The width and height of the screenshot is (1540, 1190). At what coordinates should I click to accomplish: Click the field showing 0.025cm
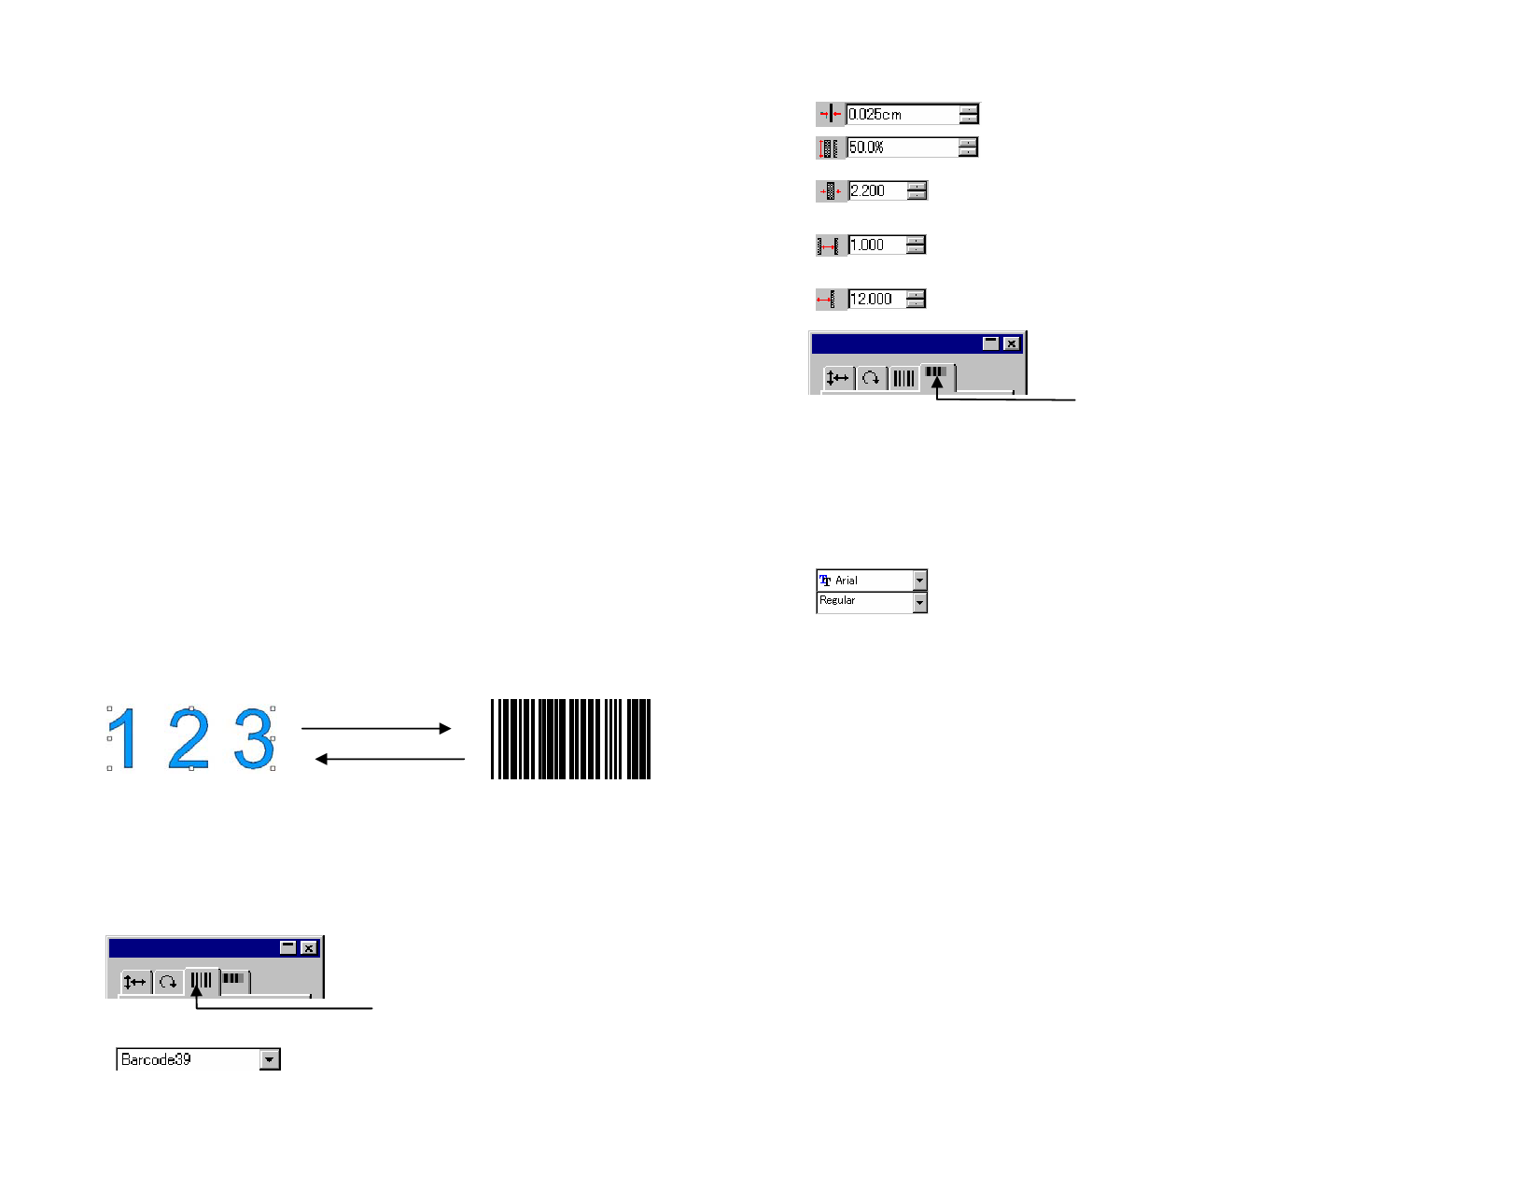(903, 114)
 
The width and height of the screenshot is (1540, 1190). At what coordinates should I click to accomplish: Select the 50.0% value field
(903, 147)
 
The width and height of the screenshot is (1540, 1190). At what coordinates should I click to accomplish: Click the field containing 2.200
(877, 190)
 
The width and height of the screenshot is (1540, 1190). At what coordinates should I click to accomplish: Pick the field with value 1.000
(876, 245)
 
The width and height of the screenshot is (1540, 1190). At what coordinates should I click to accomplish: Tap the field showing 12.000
(876, 299)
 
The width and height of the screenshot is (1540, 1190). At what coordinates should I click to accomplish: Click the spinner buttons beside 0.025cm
(969, 114)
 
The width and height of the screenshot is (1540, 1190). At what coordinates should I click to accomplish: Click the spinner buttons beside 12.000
(916, 299)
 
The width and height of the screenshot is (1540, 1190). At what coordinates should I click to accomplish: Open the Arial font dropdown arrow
(920, 581)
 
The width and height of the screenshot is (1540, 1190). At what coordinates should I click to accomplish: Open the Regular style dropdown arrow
(920, 602)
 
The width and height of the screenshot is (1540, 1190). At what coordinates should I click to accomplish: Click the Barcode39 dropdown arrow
(270, 1059)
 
